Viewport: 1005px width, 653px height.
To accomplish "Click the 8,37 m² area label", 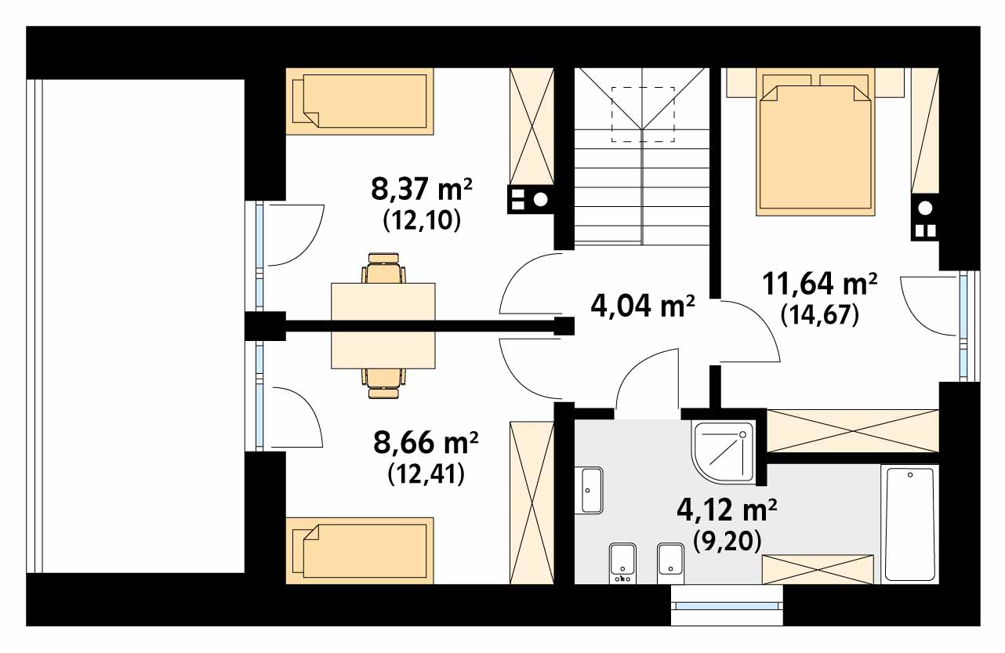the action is tap(421, 190).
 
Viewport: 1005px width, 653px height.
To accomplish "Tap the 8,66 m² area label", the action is tap(426, 442).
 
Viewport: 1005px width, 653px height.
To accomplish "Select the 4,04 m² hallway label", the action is tap(643, 306).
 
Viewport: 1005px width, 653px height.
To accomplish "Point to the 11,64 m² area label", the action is tap(820, 284).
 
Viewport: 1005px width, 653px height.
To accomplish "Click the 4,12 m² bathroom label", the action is tap(727, 510).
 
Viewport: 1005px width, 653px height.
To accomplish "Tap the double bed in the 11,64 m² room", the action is tap(815, 142).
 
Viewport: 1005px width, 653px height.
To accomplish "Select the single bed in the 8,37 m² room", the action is tap(360, 101).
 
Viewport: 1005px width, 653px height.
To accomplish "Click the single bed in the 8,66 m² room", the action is tap(360, 550).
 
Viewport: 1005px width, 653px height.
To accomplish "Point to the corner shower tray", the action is tap(724, 452).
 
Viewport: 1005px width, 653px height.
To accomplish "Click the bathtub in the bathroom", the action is tap(910, 524).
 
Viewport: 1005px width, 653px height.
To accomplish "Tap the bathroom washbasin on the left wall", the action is tap(590, 490).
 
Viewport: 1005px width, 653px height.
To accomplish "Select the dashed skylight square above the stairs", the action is tap(643, 114).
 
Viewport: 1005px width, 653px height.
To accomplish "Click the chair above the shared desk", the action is tap(383, 268).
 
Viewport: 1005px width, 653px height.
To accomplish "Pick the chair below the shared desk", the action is tap(383, 383).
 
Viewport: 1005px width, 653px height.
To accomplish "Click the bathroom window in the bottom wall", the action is tap(727, 605).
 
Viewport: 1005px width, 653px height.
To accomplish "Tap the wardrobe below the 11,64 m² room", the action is tap(852, 431).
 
